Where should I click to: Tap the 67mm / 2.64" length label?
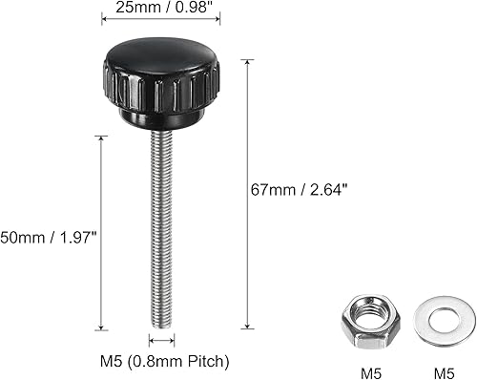click(x=307, y=189)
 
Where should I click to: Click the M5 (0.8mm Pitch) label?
click(x=165, y=362)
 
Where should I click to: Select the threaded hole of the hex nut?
click(x=365, y=315)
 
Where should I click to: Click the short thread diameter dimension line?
click(x=160, y=341)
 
